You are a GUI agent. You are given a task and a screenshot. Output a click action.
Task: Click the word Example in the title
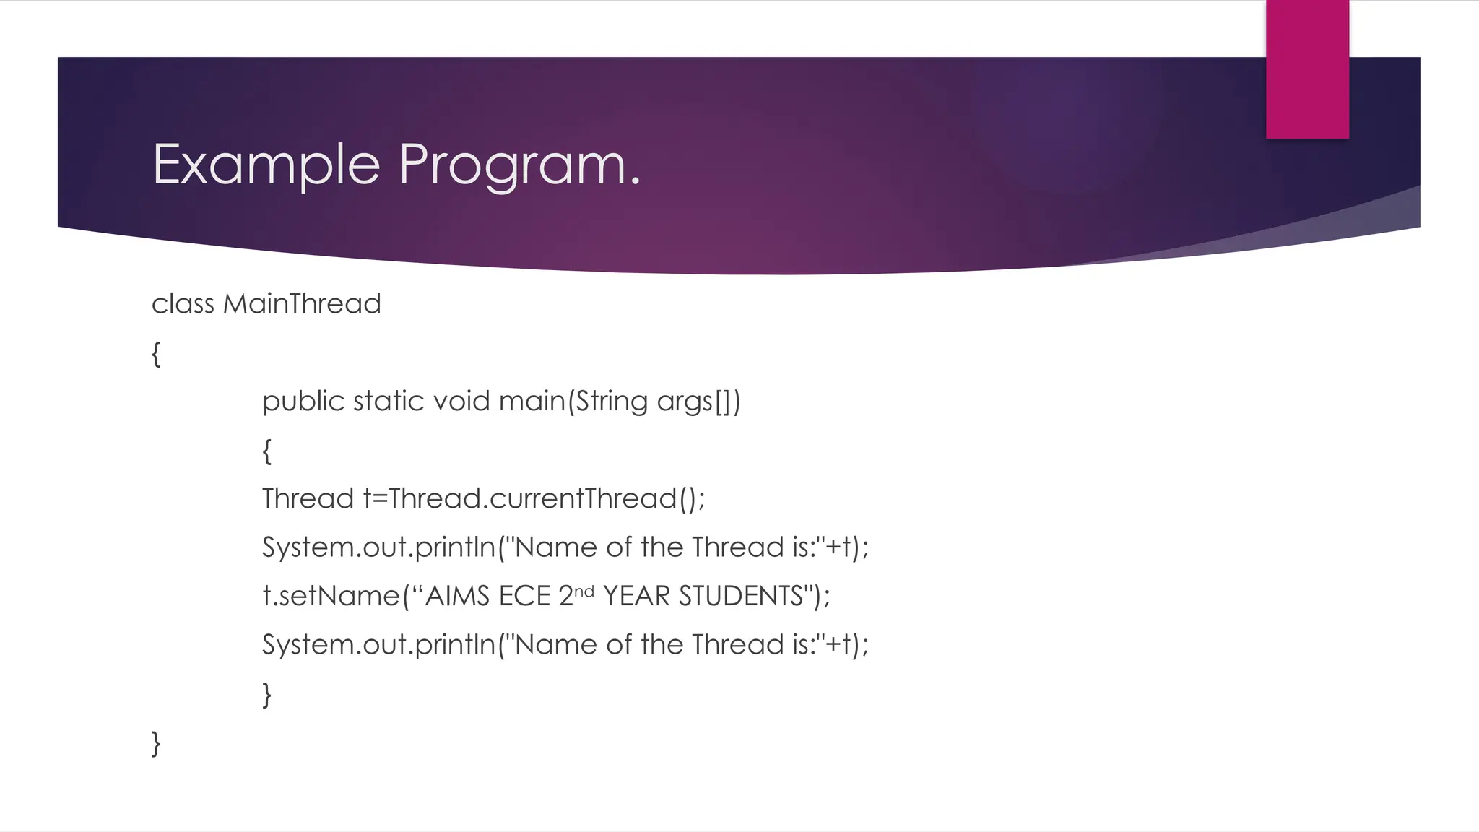pos(266,165)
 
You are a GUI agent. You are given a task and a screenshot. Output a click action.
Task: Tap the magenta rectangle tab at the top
pos(1307,69)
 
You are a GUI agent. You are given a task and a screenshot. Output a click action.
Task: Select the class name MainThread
pos(302,303)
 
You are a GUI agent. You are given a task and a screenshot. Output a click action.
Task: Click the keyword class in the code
pos(183,304)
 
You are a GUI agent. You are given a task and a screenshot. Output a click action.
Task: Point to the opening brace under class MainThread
pos(156,354)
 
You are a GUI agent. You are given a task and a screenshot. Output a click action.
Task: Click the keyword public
pos(303,401)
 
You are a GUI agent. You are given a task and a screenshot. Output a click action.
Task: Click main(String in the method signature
pos(573,401)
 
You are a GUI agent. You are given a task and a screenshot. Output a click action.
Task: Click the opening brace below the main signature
pos(266,451)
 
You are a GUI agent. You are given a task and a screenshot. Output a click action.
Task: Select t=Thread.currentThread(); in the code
pos(534,498)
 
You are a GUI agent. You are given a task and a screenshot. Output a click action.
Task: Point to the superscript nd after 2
pos(584,591)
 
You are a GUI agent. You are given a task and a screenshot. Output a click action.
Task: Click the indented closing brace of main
pos(266,695)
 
